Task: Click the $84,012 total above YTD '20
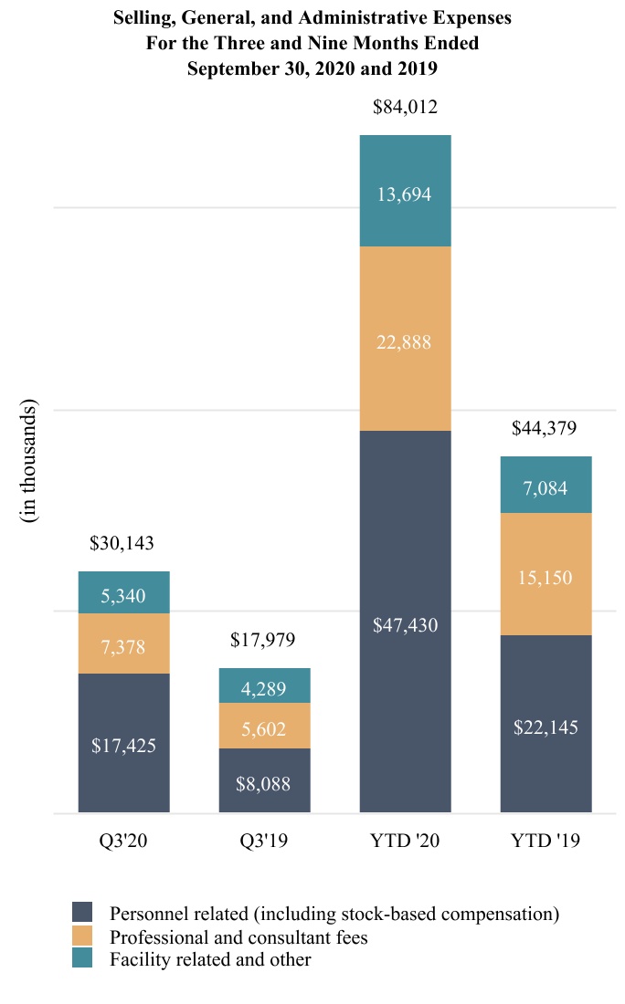pyautogui.click(x=405, y=108)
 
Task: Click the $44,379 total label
pyautogui.click(x=545, y=428)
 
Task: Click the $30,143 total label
pyautogui.click(x=122, y=544)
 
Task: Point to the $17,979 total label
pyautogui.click(x=264, y=641)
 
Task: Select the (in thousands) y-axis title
pyautogui.click(x=30, y=461)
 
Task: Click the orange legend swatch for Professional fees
pyautogui.click(x=82, y=936)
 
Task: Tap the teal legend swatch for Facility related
pyautogui.click(x=82, y=959)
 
